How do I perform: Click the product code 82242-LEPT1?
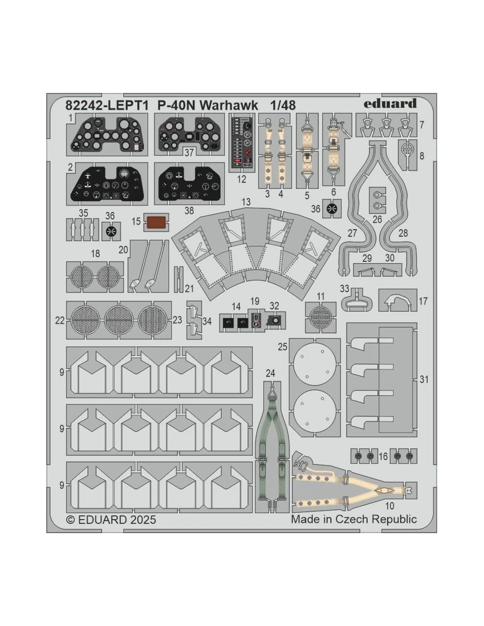click(107, 106)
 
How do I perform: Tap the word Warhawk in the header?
click(229, 106)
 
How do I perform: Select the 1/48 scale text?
click(283, 106)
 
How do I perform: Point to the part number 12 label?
click(242, 179)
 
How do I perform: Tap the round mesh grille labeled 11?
click(320, 317)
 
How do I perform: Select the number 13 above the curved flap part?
click(246, 202)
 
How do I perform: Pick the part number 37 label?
click(189, 152)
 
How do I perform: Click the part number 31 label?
click(424, 379)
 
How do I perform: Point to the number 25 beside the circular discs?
click(282, 346)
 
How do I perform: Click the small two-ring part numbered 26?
click(377, 200)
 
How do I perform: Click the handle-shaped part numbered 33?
click(356, 301)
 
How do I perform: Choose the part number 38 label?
click(189, 210)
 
